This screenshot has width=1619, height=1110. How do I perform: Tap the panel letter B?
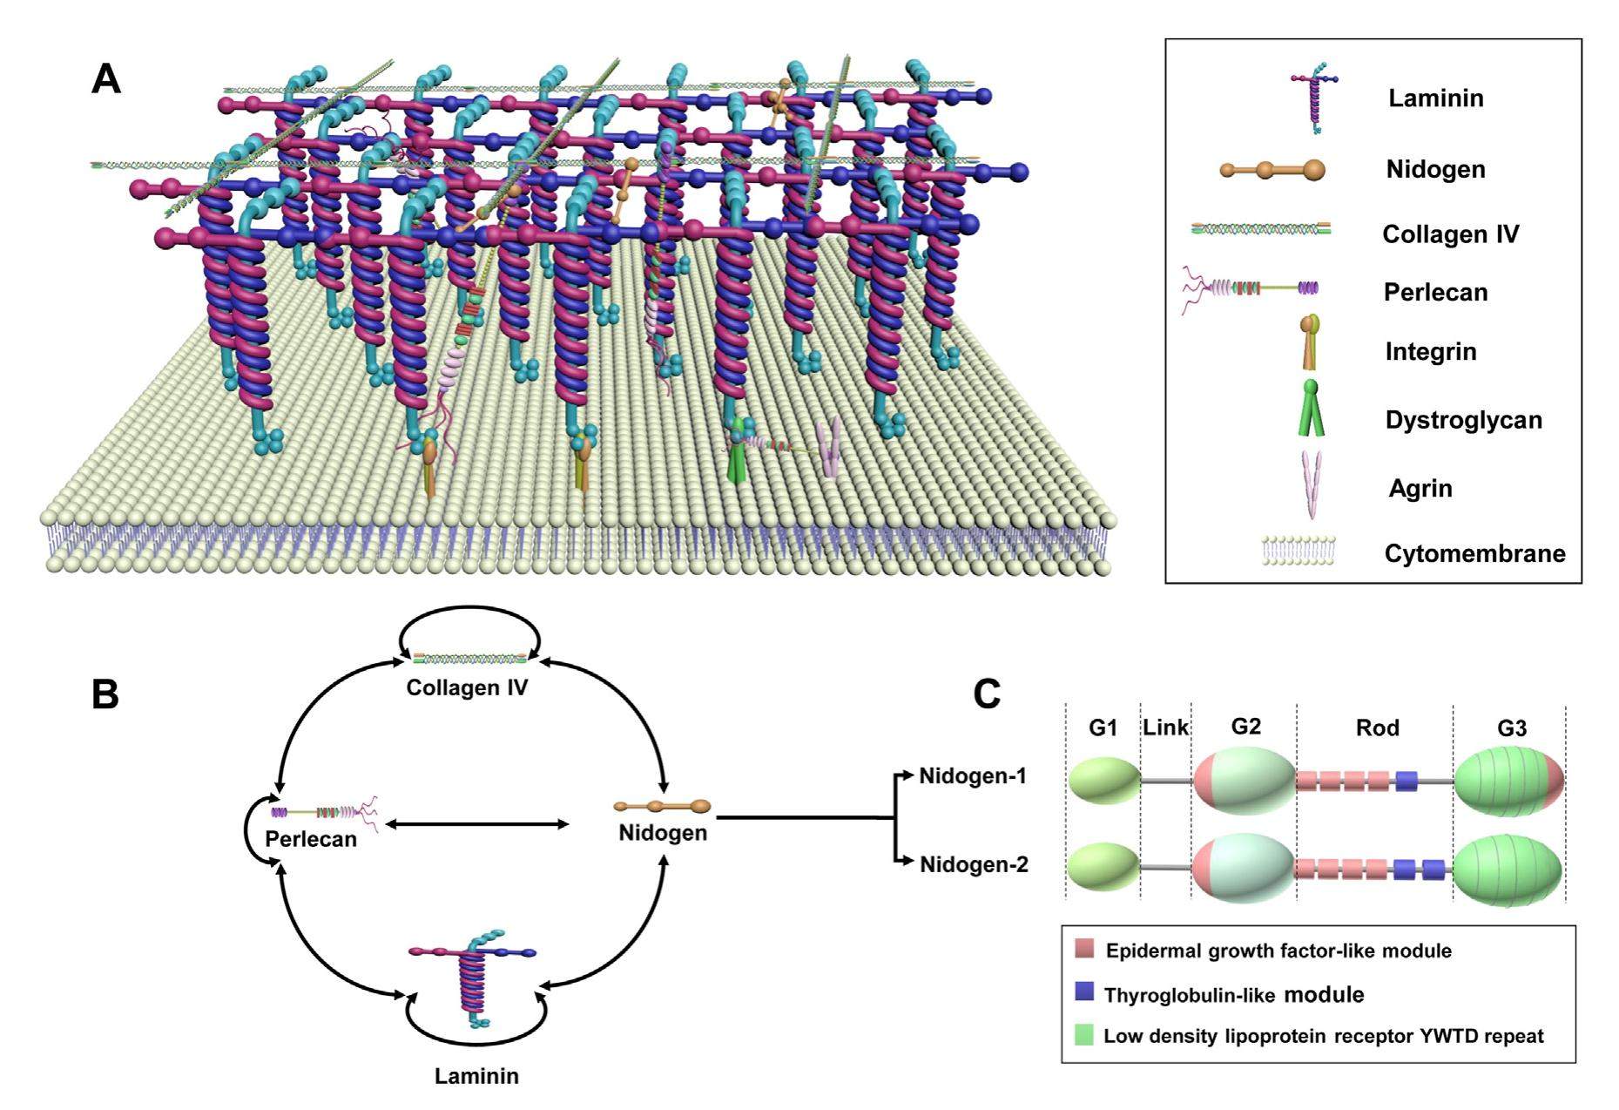point(105,695)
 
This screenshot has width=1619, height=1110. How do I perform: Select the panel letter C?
point(987,695)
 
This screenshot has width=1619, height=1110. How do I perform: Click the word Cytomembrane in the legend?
point(1474,553)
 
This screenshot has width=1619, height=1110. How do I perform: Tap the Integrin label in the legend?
point(1430,352)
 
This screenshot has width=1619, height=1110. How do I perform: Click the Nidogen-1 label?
point(973,775)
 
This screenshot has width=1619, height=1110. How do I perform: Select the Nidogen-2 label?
point(974,865)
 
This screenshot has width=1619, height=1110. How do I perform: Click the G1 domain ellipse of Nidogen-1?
point(1104,780)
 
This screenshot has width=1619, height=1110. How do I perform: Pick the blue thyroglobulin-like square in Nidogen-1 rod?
point(1407,781)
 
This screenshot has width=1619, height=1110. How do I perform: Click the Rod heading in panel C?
point(1377,727)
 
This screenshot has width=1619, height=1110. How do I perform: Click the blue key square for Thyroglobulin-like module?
point(1084,992)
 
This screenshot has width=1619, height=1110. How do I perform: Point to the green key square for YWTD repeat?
point(1084,1035)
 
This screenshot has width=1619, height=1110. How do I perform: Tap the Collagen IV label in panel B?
point(467,687)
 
